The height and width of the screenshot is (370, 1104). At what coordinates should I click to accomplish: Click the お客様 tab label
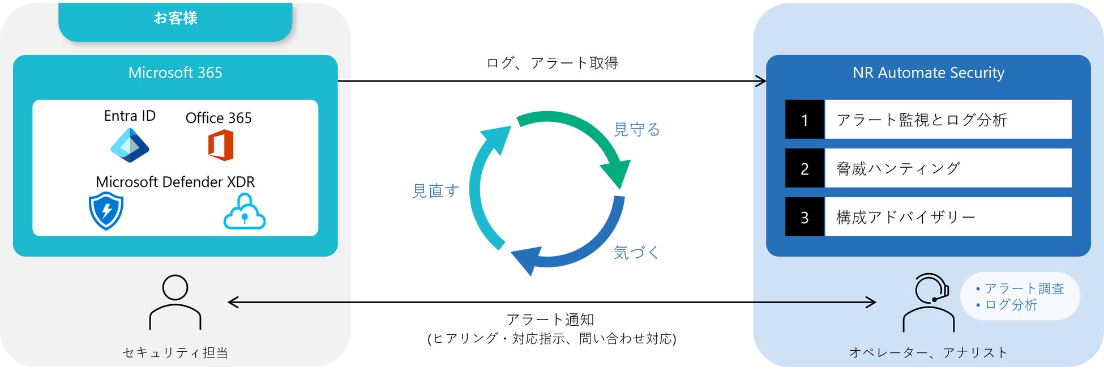[176, 18]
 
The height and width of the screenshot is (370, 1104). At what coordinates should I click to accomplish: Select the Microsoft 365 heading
[176, 73]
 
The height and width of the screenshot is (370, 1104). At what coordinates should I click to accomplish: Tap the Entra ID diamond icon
[130, 145]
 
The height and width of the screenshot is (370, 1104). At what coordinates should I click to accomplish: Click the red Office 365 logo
[220, 145]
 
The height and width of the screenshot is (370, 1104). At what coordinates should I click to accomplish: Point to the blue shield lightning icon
[106, 211]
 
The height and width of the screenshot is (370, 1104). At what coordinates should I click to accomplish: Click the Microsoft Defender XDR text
[176, 182]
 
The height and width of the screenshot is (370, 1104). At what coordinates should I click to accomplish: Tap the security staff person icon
[175, 302]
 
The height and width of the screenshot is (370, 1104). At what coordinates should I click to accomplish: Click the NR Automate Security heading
[928, 73]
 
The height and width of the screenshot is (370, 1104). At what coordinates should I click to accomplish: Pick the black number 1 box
[805, 120]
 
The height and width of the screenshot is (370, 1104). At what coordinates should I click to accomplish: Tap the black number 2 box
[805, 168]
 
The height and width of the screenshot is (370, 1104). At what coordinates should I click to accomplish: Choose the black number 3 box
[805, 217]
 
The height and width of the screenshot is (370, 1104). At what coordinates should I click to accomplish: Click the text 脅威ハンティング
[898, 168]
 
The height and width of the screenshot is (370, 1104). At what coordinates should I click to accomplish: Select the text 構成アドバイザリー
[906, 217]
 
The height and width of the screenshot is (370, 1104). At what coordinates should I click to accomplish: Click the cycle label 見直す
[435, 191]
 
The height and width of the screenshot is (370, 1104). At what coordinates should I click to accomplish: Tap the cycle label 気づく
[636, 252]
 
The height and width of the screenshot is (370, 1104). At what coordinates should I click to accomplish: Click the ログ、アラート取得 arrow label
[552, 63]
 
